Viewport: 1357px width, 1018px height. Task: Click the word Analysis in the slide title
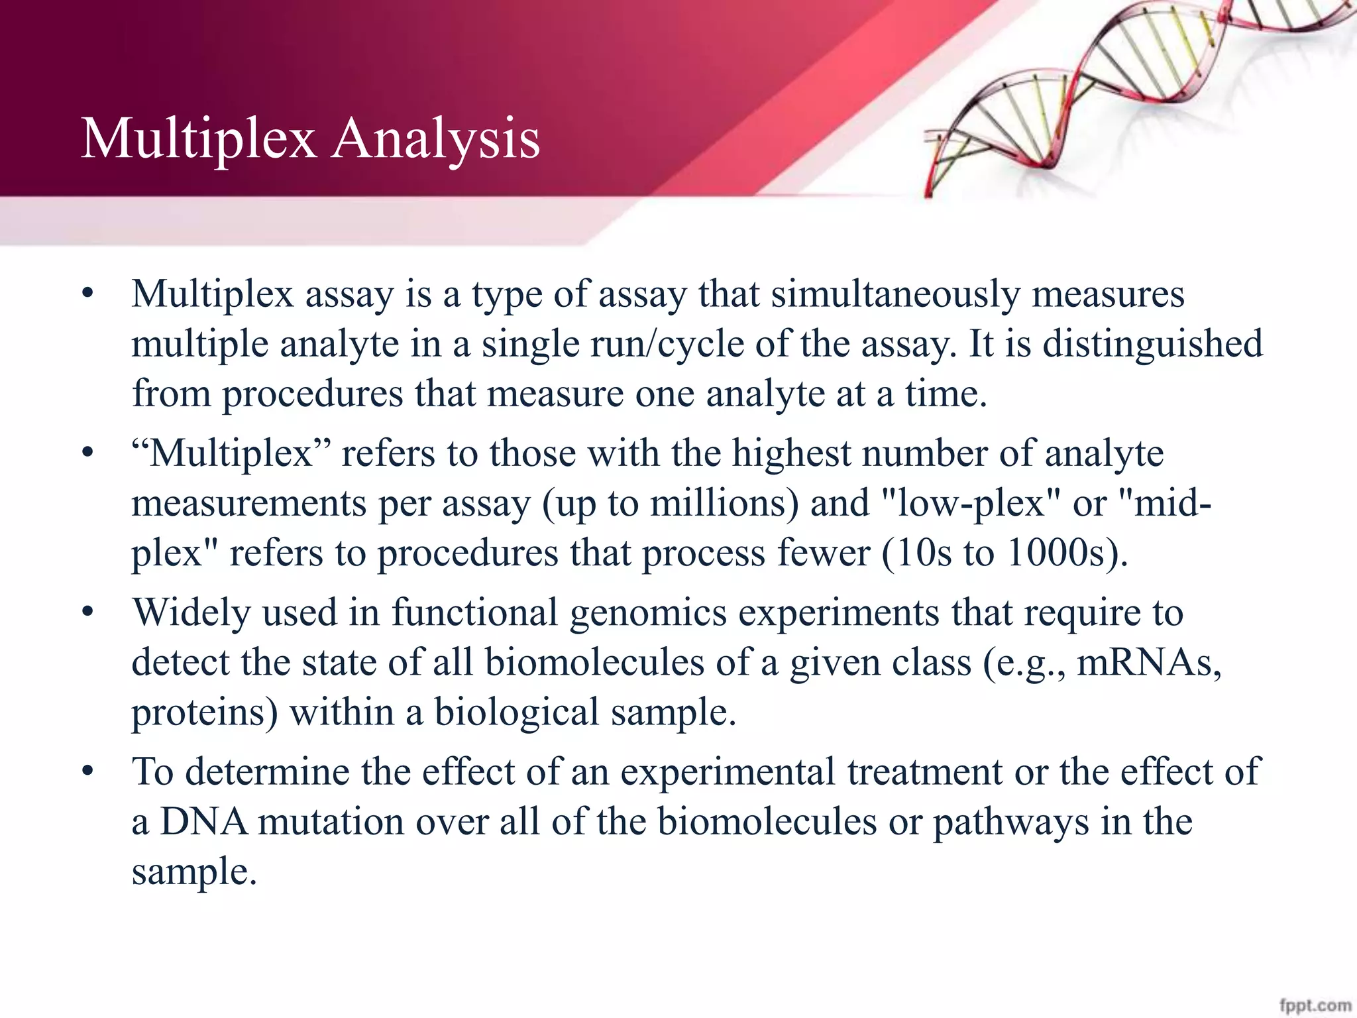pos(435,139)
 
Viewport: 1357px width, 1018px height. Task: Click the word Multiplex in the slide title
pos(198,139)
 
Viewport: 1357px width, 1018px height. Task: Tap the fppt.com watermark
pos(1315,1005)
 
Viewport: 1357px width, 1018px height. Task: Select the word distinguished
pos(1153,344)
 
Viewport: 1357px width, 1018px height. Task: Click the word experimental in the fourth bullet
pos(727,772)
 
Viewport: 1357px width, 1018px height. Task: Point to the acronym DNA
pos(204,822)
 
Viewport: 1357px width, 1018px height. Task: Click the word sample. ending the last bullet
pos(193,872)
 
